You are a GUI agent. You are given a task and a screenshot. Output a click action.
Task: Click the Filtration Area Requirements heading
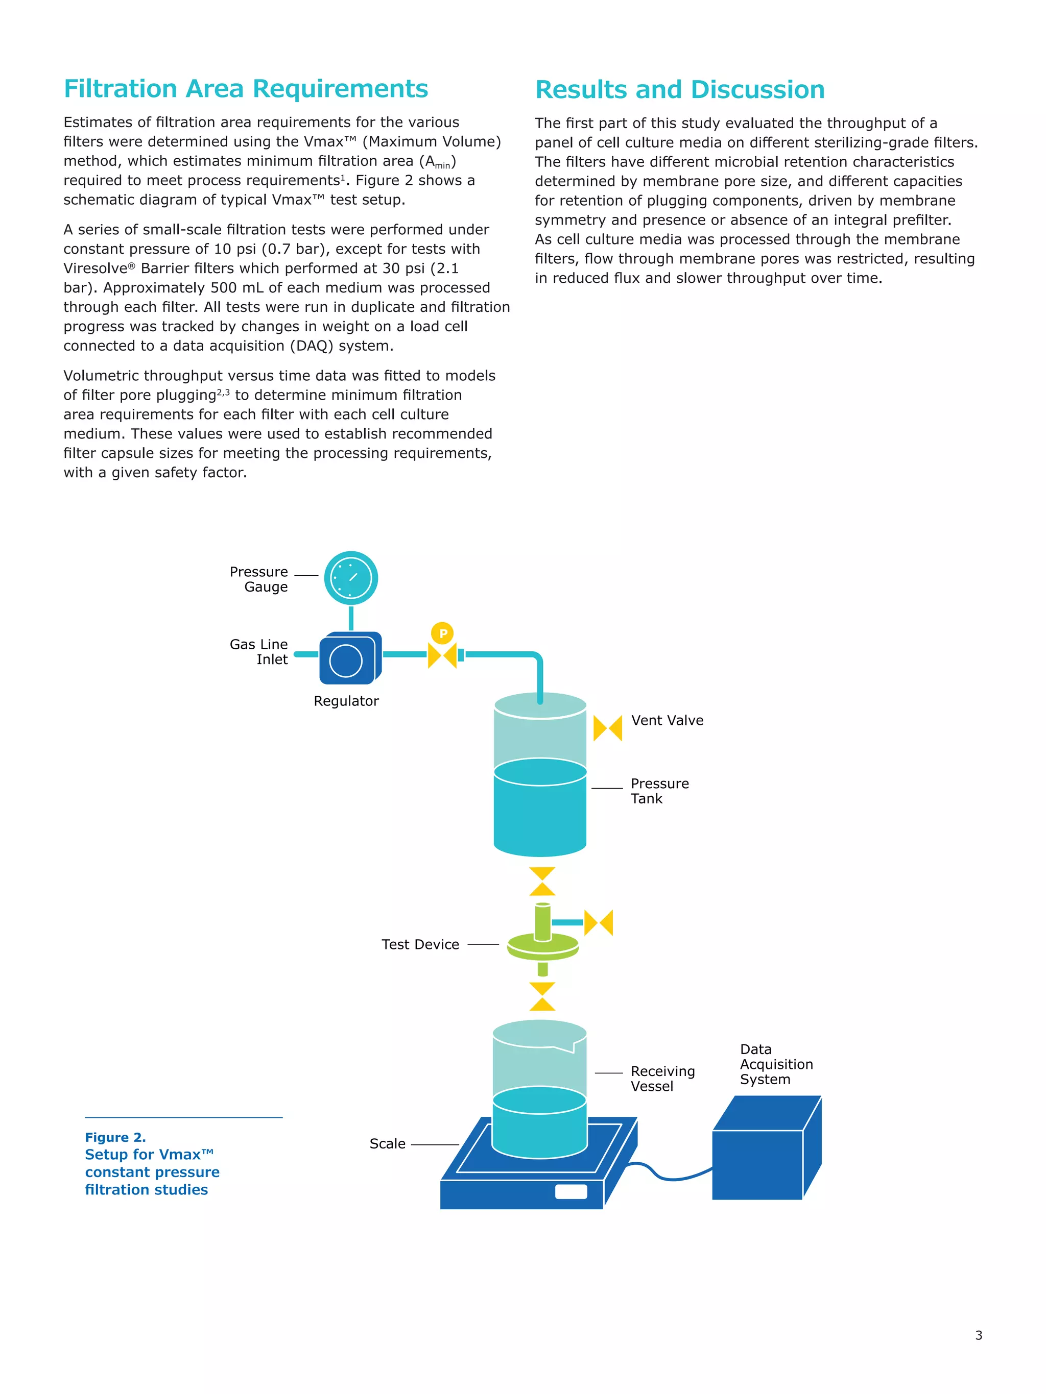245,89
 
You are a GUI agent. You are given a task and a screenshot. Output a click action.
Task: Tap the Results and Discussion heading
679,89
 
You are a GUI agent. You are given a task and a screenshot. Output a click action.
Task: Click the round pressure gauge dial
350,578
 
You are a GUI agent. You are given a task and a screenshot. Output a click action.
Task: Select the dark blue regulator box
349,659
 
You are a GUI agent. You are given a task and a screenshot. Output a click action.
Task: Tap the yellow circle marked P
443,633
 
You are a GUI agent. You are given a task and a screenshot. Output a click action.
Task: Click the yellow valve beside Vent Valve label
607,728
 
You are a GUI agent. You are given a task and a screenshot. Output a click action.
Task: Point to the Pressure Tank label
659,791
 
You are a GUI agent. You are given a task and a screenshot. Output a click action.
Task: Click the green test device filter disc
543,945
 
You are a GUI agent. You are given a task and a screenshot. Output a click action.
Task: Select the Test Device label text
420,944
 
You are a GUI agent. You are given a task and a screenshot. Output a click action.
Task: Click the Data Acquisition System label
775,1064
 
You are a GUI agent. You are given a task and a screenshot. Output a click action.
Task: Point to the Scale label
387,1143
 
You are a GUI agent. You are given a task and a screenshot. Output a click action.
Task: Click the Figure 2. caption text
115,1137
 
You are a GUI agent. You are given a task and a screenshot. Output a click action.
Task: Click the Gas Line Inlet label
258,652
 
